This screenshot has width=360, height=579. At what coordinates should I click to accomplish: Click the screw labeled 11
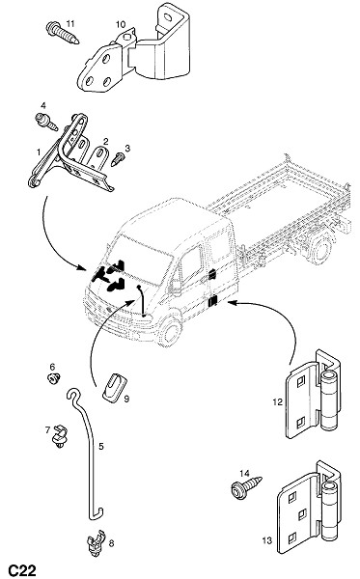click(x=62, y=33)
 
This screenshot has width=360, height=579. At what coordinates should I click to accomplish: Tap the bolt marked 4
click(x=46, y=122)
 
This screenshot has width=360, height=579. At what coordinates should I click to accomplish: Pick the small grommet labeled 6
click(x=54, y=378)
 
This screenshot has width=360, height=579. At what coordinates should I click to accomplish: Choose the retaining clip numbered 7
click(x=60, y=437)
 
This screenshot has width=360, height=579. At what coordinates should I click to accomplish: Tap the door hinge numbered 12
click(x=313, y=394)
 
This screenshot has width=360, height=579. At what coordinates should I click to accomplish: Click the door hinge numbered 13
click(x=309, y=507)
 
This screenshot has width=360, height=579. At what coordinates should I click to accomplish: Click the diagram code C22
click(x=22, y=569)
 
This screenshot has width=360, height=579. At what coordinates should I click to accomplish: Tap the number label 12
click(x=277, y=401)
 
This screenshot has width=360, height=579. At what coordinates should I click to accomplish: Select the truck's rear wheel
click(x=320, y=249)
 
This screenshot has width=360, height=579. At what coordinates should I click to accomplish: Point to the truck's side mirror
click(x=175, y=286)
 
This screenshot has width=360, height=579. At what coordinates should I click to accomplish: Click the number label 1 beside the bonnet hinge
click(x=39, y=152)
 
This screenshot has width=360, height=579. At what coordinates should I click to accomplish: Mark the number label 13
click(x=267, y=540)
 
